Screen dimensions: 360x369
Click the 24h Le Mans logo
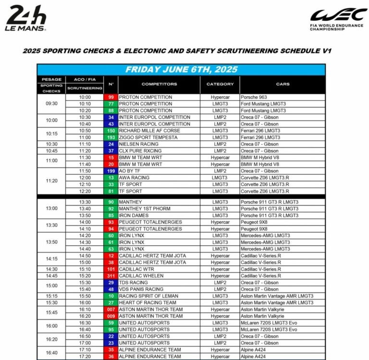[26, 18]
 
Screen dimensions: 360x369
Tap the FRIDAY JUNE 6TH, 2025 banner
[181, 70]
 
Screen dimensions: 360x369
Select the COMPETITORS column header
[159, 84]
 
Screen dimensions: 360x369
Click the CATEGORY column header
[220, 84]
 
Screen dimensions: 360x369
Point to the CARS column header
[283, 84]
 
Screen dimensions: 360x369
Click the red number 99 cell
[111, 97]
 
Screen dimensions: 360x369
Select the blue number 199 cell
[111, 171]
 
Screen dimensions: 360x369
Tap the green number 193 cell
[111, 137]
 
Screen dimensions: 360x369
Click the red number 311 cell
[111, 276]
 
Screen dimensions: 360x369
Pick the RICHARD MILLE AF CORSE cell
[149, 131]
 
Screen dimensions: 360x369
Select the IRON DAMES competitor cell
[135, 216]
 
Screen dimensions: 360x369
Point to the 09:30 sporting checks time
[51, 104]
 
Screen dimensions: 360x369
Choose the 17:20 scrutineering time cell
[85, 357]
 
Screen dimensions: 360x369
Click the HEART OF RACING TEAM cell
[147, 303]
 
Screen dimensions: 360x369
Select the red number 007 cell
[111, 310]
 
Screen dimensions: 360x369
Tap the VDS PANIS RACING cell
[141, 289]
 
